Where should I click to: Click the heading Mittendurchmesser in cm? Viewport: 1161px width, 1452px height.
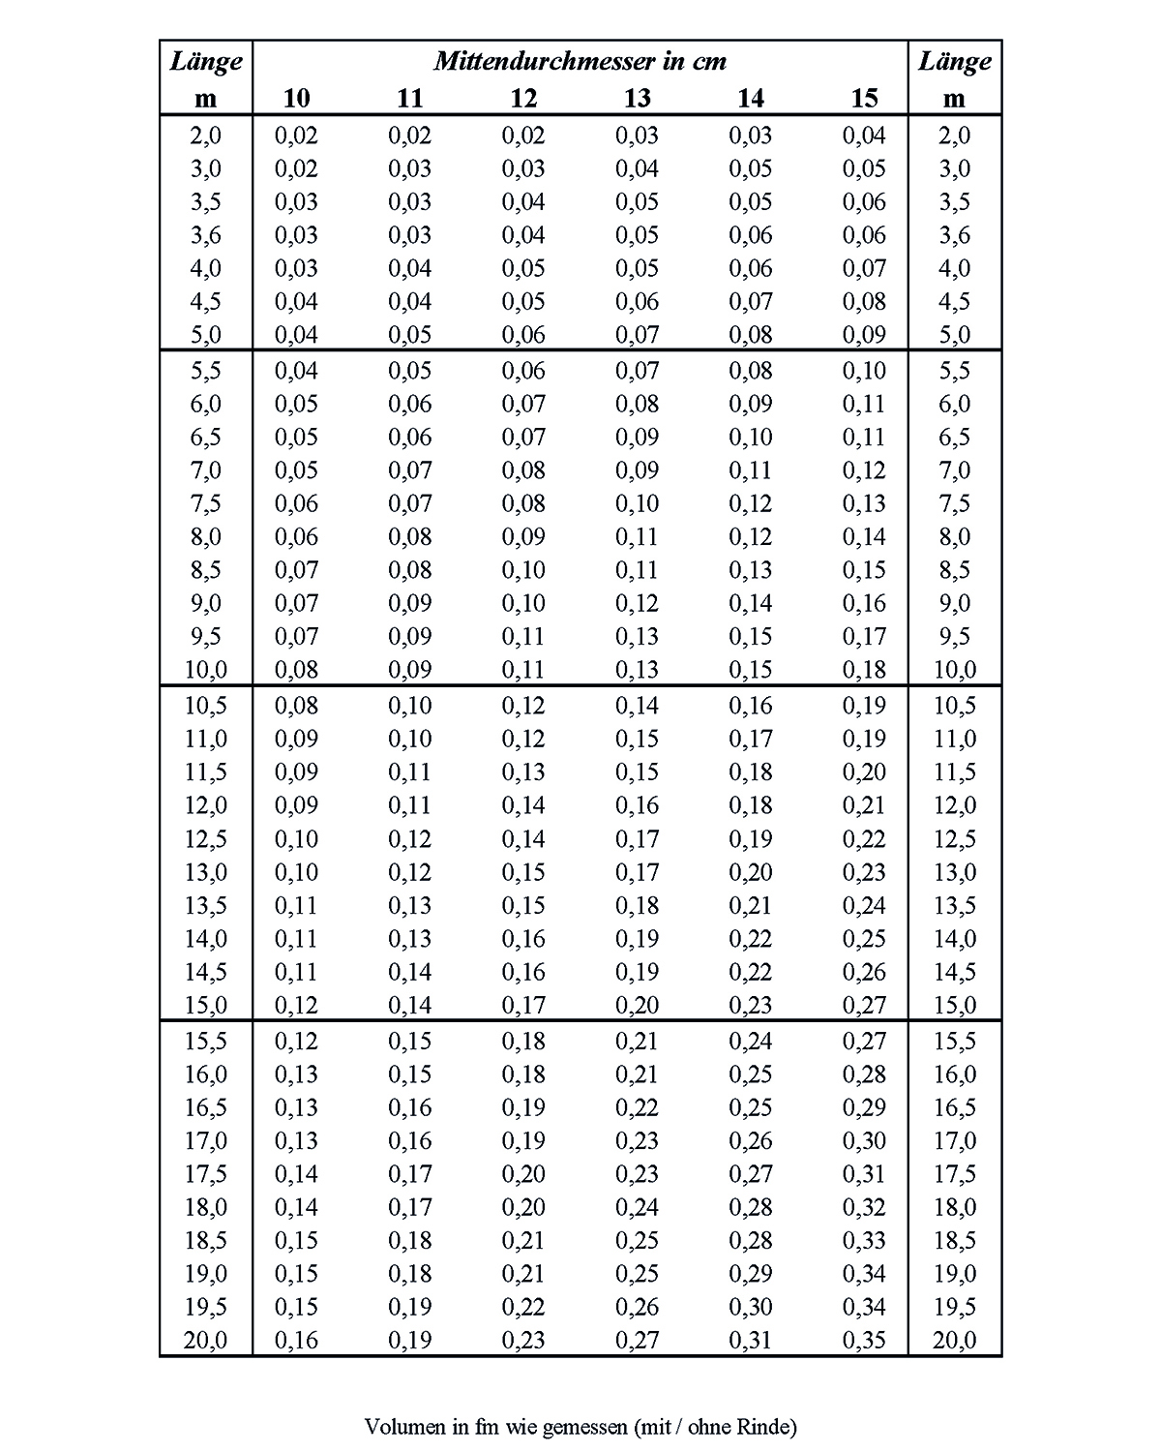coord(580,62)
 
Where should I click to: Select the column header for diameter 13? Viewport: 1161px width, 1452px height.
coord(637,98)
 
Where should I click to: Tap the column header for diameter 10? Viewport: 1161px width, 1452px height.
coord(296,98)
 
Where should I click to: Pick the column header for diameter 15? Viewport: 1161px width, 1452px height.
coord(864,98)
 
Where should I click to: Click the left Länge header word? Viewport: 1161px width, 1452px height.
coord(206,62)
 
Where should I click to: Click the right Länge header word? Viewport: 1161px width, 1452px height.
coord(954,62)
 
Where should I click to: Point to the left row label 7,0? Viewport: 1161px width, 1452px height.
coord(205,470)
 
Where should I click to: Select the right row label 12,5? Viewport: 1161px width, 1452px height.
coord(954,839)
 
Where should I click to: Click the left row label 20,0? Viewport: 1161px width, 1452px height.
coord(205,1341)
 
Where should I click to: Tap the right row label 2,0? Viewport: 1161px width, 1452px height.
coord(954,136)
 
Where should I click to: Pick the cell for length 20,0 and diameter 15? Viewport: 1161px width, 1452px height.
coord(864,1341)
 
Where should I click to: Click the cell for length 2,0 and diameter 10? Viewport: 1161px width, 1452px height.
coord(296,136)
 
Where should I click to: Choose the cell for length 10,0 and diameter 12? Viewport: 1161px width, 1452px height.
coord(523,670)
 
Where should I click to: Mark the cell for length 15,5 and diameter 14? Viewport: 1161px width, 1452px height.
coord(751,1042)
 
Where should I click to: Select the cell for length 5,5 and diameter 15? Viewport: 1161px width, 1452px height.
coord(864,371)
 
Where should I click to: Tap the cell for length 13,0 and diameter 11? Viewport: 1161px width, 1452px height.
coord(410,872)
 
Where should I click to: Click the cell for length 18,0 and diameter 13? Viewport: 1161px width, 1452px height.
coord(637,1207)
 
